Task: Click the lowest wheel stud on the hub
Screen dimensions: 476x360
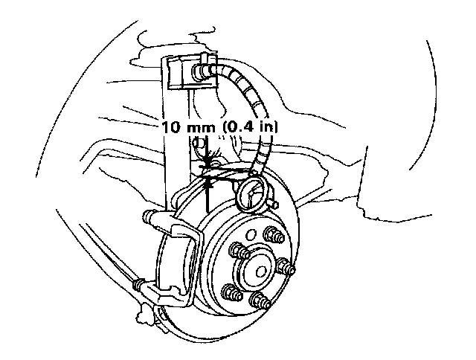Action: [x=258, y=300]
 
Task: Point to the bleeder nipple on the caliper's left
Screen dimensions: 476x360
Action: [x=148, y=216]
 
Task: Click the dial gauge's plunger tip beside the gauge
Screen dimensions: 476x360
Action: [x=271, y=201]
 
